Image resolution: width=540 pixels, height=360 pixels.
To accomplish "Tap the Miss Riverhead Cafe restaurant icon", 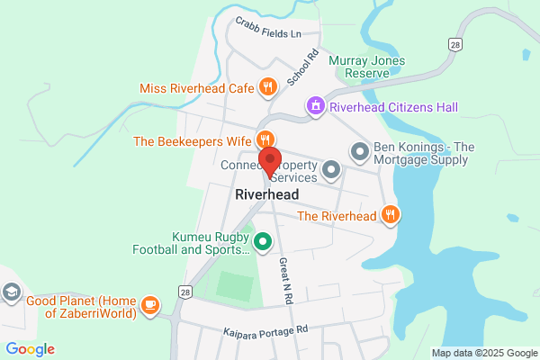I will [267, 87].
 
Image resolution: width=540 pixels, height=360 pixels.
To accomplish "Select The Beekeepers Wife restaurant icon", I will [264, 139].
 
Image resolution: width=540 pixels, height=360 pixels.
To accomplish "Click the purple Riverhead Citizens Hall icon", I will [315, 107].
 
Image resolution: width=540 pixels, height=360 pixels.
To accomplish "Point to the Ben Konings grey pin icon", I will [359, 151].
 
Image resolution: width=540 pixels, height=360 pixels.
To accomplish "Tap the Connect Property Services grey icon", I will [331, 168].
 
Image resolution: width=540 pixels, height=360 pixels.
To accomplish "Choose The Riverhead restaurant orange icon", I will [390, 215].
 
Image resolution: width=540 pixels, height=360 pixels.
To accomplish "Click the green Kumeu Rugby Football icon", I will [263, 241].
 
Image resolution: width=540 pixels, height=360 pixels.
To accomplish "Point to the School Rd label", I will [303, 67].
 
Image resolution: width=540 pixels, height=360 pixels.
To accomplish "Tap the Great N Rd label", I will [284, 280].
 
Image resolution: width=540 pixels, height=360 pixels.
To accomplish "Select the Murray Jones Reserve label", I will [367, 67].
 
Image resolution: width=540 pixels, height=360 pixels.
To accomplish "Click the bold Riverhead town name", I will [266, 194].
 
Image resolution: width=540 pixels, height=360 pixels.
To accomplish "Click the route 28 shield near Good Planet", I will [184, 292].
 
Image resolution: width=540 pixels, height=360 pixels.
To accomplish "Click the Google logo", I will [30, 349].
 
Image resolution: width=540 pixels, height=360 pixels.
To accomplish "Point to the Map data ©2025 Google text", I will [483, 352].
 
